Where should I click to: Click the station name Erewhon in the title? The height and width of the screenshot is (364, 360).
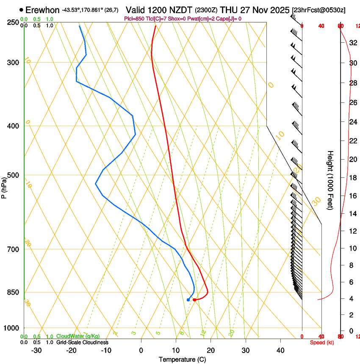(42, 10)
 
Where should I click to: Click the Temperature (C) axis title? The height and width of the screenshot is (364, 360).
(182, 360)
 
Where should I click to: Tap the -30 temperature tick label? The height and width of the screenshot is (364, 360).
(36, 350)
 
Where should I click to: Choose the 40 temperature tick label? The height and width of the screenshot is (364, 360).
(280, 350)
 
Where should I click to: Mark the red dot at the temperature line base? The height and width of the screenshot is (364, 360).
(194, 300)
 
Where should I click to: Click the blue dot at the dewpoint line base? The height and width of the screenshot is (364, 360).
(188, 300)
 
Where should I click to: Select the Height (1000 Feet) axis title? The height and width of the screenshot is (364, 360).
(330, 180)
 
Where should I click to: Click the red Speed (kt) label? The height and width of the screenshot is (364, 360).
(322, 342)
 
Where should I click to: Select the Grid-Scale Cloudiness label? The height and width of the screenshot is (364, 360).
(82, 342)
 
